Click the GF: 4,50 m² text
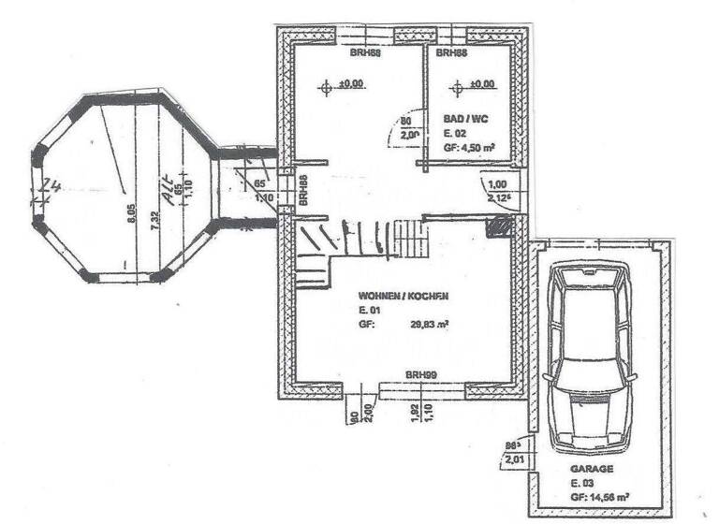470,148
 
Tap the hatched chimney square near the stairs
502,226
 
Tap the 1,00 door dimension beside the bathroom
496,184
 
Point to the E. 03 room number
583,482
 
